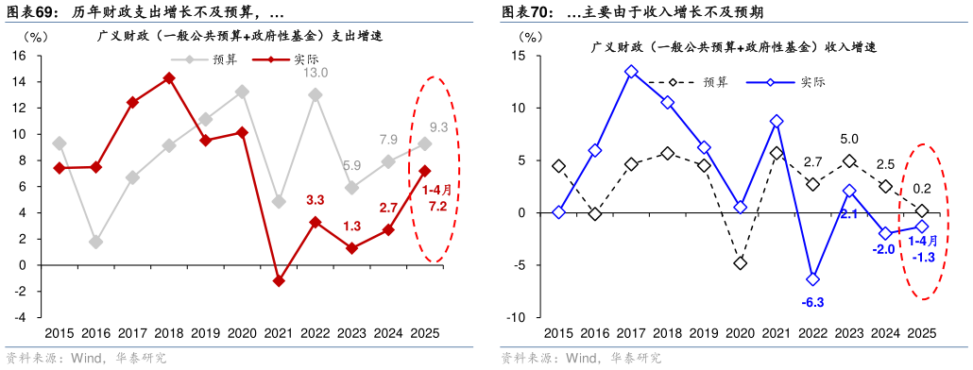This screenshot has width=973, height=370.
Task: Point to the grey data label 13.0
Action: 315,74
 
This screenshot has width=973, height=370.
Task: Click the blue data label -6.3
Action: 812,302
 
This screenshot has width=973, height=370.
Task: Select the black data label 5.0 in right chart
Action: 848,139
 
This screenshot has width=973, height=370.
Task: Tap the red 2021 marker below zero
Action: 279,280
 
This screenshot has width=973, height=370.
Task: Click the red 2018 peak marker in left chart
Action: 169,78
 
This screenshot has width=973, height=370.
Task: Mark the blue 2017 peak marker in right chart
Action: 631,72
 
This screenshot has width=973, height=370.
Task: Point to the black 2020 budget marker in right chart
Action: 740,262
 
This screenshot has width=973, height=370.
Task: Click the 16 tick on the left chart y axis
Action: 18,56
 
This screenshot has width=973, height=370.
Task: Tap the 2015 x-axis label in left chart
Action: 60,332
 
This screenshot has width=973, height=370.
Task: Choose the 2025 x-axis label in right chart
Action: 921,332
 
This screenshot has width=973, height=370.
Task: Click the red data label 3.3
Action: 316,200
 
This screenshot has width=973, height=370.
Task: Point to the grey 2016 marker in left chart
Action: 96,242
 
